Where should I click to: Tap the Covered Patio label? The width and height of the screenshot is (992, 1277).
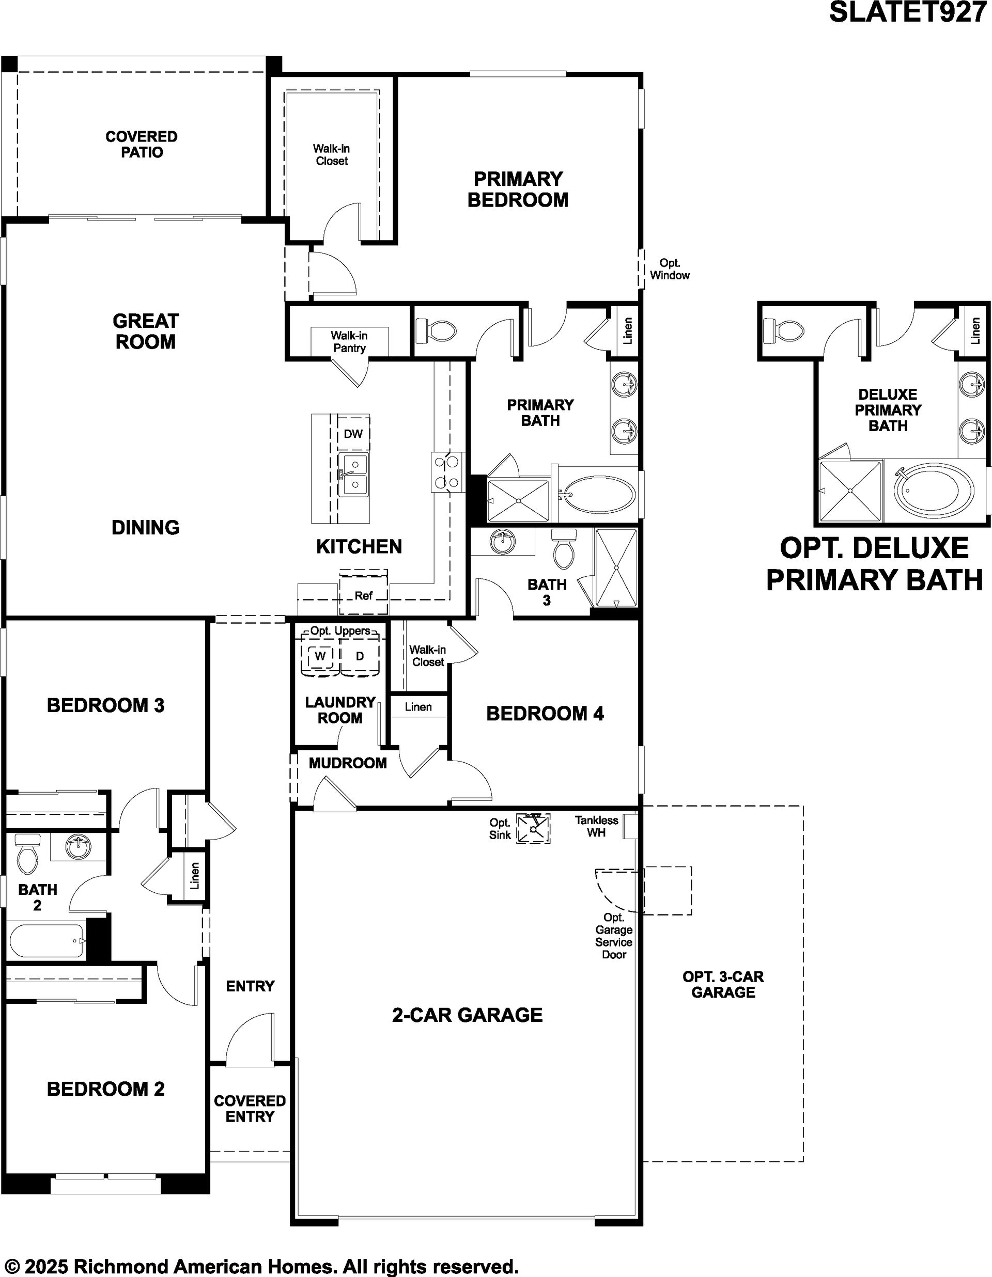pos(142,145)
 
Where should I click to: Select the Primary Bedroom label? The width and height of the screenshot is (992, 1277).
pos(518,189)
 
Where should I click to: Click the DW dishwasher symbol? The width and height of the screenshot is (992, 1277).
pos(353,434)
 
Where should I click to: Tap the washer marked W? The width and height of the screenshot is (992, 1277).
pos(319,656)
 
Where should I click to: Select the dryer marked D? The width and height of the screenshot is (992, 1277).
pos(360,656)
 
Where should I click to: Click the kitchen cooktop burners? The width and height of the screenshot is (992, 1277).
pos(448,472)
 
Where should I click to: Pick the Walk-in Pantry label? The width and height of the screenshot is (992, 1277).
pos(349,341)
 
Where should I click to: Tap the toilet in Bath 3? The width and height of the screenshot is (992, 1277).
pos(564,548)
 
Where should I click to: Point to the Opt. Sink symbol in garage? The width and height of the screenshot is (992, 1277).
pos(533,829)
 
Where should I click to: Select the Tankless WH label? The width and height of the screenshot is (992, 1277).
pos(596,826)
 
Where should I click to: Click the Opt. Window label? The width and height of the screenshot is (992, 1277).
pos(670,269)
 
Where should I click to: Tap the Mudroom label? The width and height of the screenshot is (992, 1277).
pos(347,763)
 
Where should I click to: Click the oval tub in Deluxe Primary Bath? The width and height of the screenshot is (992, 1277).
pos(934,490)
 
